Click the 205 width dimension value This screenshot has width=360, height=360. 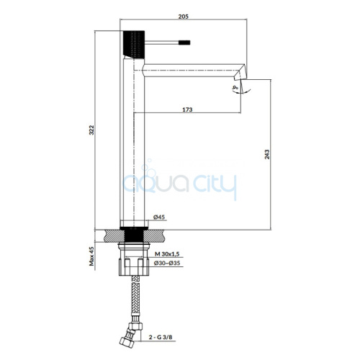(x=184, y=17)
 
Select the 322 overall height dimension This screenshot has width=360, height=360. (x=91, y=130)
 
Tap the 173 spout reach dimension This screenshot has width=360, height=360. (x=187, y=109)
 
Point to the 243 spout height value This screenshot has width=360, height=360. (x=267, y=154)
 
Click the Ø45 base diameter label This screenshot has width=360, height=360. (x=159, y=217)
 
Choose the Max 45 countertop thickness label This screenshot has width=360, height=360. (x=91, y=256)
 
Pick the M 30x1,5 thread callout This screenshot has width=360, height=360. (x=167, y=254)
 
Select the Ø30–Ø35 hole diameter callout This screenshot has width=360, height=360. (x=167, y=263)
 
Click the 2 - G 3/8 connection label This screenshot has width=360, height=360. (x=161, y=337)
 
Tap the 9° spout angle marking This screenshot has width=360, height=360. (x=235, y=88)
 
